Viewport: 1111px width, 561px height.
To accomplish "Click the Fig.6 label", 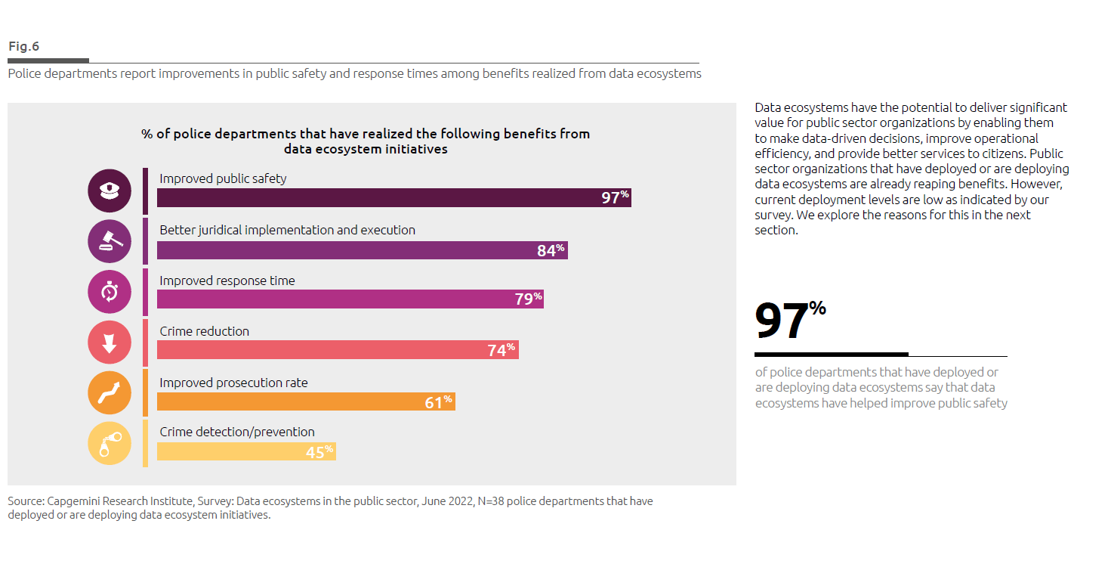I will tap(24, 47).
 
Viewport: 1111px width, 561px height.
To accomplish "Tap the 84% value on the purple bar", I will tap(551, 250).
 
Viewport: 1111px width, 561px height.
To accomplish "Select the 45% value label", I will tap(319, 452).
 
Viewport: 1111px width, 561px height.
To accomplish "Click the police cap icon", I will tap(110, 191).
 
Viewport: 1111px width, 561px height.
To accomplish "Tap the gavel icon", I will tap(110, 241).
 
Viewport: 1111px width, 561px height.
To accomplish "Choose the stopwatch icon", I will tap(110, 292).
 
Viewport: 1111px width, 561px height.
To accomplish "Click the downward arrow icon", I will tap(110, 342).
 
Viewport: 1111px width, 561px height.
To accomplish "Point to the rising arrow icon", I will tap(110, 393).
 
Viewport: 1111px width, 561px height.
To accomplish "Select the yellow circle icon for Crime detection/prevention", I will tap(110, 444).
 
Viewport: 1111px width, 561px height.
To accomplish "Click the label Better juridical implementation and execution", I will tap(287, 230).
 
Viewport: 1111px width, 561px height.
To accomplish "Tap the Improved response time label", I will tap(227, 280).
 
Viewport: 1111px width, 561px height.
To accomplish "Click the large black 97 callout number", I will tap(782, 322).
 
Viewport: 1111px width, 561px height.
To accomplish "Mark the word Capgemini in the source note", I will tap(74, 501).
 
